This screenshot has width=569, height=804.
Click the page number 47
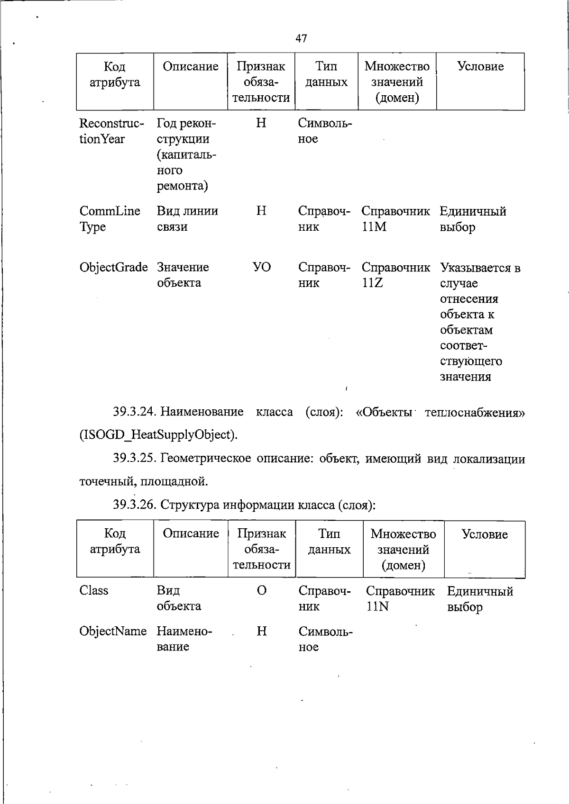(301, 38)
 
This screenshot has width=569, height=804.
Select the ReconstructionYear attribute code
(111, 131)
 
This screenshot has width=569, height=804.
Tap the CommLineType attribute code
(110, 218)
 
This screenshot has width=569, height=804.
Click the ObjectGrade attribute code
(114, 267)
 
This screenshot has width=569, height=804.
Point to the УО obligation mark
(261, 267)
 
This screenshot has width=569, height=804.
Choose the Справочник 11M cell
(395, 219)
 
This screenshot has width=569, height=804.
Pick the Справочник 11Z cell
(395, 275)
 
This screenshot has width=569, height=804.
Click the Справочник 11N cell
(400, 599)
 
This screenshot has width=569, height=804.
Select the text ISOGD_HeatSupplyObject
(158, 434)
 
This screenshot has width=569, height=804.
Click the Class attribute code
(94, 590)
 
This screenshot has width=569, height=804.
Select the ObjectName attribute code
(113, 631)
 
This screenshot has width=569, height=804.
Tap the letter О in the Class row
(261, 590)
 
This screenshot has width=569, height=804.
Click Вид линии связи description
(187, 218)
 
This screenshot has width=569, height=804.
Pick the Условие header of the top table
(480, 67)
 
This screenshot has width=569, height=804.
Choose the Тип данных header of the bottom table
(329, 542)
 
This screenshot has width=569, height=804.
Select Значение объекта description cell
(183, 275)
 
